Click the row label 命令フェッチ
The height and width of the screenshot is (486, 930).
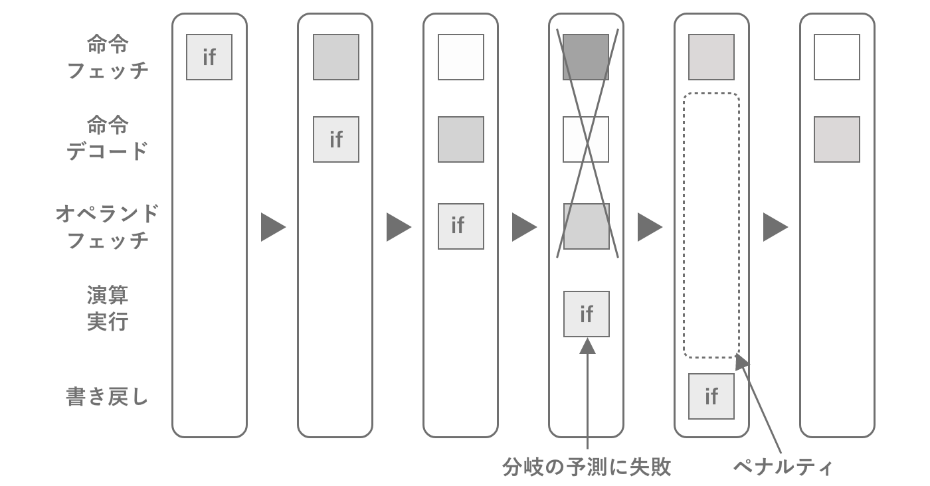tap(108, 57)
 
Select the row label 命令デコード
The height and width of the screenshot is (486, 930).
tap(108, 138)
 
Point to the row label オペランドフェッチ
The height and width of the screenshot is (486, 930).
tap(108, 226)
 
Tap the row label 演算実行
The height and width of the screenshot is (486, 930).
tap(108, 308)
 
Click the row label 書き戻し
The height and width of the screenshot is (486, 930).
tap(108, 397)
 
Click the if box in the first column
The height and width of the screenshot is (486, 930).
tap(209, 57)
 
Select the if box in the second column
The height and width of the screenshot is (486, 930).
tap(336, 139)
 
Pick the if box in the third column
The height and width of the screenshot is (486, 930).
tap(461, 226)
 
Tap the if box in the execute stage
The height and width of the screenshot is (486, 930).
tap(587, 314)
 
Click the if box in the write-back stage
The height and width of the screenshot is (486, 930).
tap(711, 396)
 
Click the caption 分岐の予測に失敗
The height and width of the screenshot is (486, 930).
tap(587, 467)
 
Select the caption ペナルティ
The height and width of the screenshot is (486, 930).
tap(783, 467)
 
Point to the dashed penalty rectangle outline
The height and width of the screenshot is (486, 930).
tap(685, 226)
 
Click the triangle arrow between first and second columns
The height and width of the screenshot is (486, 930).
tap(272, 227)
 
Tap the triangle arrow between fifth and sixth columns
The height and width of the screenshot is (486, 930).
tap(775, 227)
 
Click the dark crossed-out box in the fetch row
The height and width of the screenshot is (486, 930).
tap(587, 57)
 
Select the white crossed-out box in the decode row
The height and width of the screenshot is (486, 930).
tap(587, 139)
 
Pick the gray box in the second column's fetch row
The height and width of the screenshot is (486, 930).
tap(336, 57)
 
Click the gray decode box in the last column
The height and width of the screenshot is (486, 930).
tap(837, 139)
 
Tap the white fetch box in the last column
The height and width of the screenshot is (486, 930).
tap(837, 57)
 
